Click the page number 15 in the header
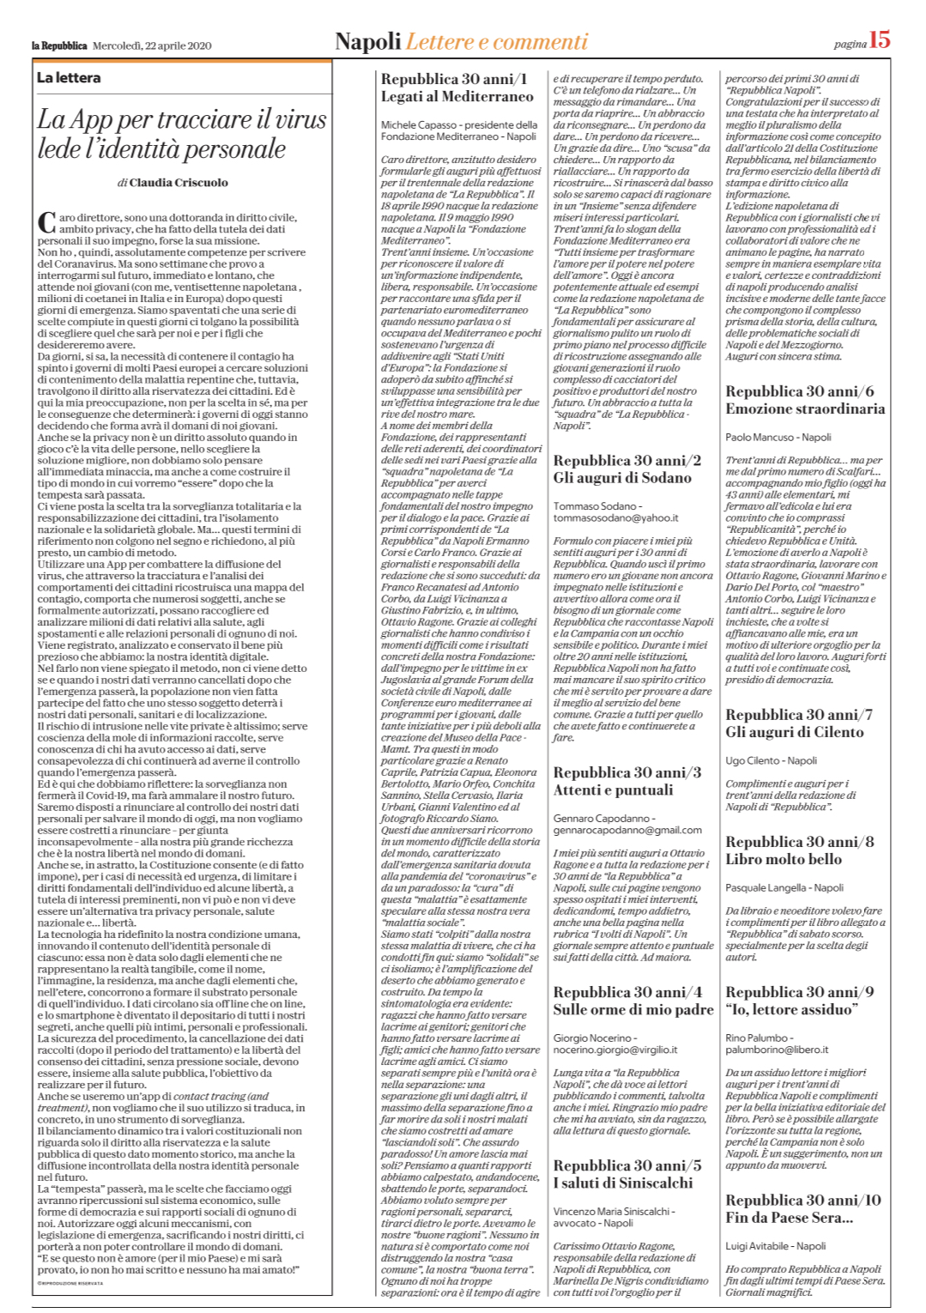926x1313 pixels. pos(880,39)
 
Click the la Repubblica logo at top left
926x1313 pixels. pos(59,45)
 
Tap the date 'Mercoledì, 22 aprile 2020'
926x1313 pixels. pos(152,45)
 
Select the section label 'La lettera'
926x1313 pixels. pos(69,78)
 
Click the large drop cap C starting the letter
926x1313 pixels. pos(46,222)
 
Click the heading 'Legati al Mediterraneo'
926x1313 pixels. pos(457,97)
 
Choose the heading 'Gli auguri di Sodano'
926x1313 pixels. pos(622,478)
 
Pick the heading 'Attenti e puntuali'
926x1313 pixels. pos(614,790)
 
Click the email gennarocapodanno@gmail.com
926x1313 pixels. pos(627,830)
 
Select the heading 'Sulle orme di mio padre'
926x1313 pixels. pos(633,1010)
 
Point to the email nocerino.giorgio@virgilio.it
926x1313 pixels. pos(615,1050)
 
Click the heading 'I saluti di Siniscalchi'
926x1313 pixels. pos(623,1183)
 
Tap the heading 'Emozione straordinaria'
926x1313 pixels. pos(805,409)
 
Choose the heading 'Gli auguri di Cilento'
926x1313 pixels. pos(795,732)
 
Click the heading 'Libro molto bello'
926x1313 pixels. pos(784,859)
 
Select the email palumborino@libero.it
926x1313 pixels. pos(777,1050)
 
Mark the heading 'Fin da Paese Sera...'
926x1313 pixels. pos(790,1217)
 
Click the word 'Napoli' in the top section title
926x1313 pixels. pos(368,42)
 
